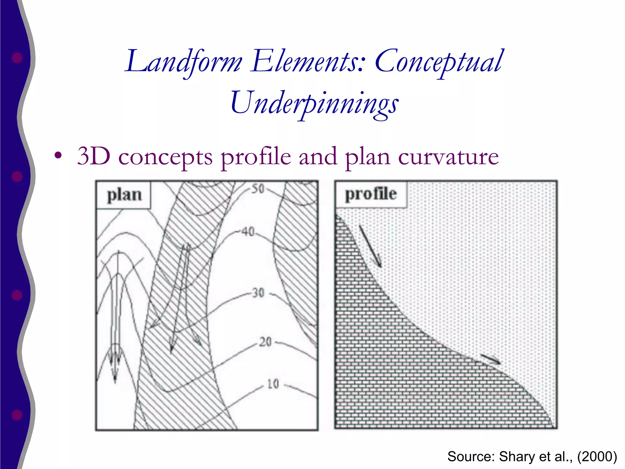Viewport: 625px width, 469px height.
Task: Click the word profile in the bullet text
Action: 256,158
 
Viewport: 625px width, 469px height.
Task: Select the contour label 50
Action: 258,189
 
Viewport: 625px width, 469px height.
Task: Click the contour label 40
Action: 248,232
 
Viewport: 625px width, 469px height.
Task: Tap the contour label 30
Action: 258,293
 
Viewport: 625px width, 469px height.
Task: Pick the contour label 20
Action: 265,342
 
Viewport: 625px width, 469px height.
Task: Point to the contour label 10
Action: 273,384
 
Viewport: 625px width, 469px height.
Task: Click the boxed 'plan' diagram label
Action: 124,195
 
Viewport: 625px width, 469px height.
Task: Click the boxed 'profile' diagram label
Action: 371,194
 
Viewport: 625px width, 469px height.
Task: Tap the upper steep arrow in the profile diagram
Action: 370,246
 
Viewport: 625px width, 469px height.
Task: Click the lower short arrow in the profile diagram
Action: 491,359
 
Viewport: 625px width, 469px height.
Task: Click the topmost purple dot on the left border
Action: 17,57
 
